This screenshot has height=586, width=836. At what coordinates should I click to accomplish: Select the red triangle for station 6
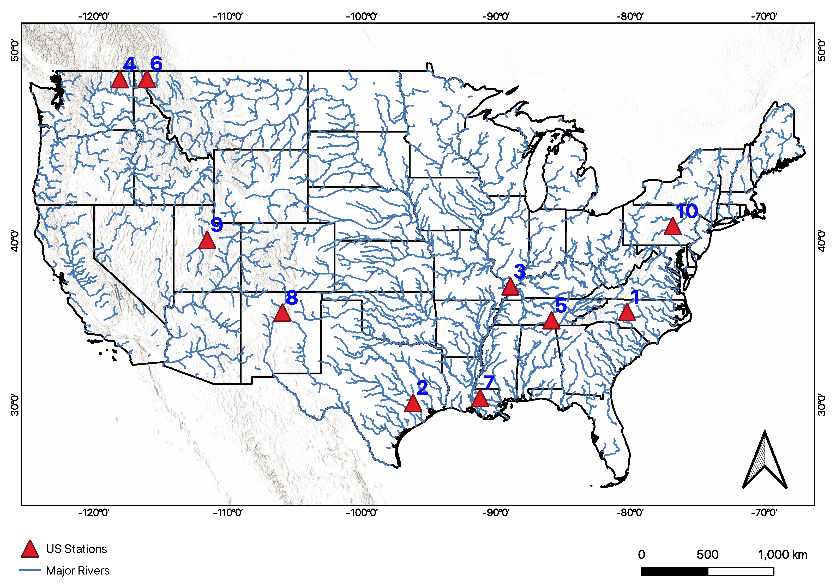pos(147,80)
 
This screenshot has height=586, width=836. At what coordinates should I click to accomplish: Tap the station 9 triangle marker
pos(207,241)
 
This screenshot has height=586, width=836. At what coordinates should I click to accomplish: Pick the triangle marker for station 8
pos(282,314)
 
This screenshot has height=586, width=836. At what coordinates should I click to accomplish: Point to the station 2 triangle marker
pos(413,404)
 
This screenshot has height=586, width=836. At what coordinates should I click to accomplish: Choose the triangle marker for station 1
pos(627,313)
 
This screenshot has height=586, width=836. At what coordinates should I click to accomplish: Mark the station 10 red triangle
pos(672,227)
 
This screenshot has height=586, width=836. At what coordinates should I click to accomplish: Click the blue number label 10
pos(687,211)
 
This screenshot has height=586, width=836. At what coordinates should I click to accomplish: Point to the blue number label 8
pos(292,298)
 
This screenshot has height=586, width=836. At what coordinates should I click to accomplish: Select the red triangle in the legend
pos(30,549)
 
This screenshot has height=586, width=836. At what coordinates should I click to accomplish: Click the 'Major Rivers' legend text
pos(77,571)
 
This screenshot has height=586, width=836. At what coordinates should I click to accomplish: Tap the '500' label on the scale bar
pos(707,555)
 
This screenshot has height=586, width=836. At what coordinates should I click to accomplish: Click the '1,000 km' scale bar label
pos(783,555)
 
